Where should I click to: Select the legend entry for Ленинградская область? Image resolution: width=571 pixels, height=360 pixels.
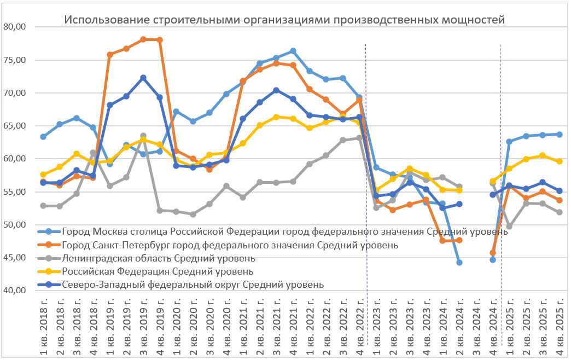click(159, 258)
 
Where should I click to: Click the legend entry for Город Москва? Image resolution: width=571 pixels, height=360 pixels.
click(285, 231)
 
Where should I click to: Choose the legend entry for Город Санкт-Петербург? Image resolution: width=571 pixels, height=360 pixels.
click(230, 245)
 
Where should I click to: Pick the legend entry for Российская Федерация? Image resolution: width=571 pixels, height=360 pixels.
click(158, 271)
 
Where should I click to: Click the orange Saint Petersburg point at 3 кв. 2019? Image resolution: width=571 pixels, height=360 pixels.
click(143, 39)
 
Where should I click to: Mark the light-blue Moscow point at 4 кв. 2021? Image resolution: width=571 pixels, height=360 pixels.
click(293, 51)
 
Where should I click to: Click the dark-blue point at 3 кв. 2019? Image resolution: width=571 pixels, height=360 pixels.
click(143, 78)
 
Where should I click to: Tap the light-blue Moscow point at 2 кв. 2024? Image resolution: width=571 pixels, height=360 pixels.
click(459, 263)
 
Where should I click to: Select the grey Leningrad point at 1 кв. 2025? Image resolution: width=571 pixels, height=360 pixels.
click(510, 226)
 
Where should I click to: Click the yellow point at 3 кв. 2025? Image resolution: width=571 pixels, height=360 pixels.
click(543, 155)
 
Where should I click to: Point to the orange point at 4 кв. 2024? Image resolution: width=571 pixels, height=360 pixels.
click(493, 253)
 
